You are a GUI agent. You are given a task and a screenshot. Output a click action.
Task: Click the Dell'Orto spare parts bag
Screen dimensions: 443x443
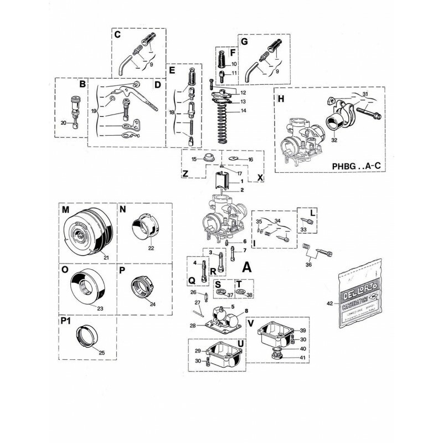362,300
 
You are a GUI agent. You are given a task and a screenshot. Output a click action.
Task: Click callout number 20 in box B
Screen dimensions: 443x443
64,123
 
